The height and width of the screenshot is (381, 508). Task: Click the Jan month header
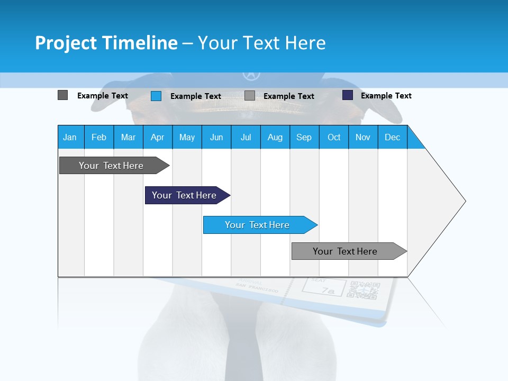[x=70, y=137]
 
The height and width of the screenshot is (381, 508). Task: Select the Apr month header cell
[x=158, y=137]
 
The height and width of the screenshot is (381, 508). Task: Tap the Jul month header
[x=246, y=137]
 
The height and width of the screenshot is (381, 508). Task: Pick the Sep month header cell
[x=304, y=137]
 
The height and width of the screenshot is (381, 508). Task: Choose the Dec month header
[x=392, y=137]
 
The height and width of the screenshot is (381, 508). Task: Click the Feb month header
[x=99, y=137]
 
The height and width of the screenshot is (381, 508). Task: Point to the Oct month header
[x=334, y=137]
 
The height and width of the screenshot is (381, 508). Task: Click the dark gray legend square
[x=62, y=95]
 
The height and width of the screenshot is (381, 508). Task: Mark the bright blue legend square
[x=156, y=96]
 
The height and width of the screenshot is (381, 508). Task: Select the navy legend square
[x=348, y=95]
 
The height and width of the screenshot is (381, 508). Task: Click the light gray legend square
[x=250, y=96]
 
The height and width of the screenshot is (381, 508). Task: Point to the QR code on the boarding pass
[x=364, y=292]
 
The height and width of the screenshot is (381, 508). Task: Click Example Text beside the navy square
[x=386, y=96]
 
